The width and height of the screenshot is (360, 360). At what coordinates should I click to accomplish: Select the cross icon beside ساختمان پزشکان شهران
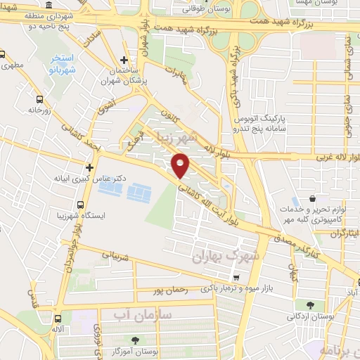[124, 60]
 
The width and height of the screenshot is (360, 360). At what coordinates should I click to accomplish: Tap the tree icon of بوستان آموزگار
[115, 341]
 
